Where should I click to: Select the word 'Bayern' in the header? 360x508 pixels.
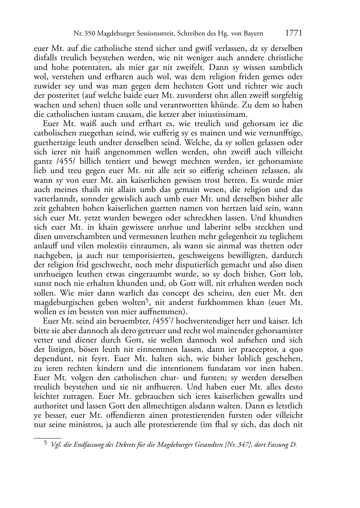pyautogui.click(x=253, y=34)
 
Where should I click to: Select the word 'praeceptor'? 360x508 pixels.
pyautogui.click(x=265, y=349)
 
